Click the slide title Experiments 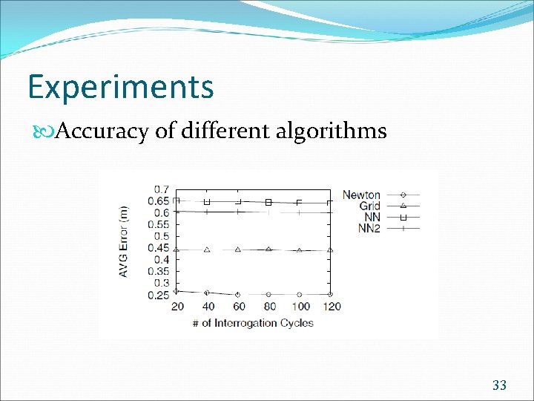(x=120, y=88)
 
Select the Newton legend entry (x=361, y=195)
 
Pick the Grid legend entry (x=369, y=206)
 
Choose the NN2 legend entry (x=369, y=228)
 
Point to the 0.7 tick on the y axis (x=162, y=189)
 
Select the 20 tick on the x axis (x=177, y=307)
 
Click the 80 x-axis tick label (x=269, y=307)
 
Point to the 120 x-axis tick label (x=331, y=307)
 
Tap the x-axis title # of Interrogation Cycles (x=252, y=322)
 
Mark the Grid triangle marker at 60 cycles (x=238, y=250)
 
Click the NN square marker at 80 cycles (x=268, y=202)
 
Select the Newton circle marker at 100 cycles (x=300, y=295)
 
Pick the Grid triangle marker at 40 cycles (x=207, y=250)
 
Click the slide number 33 (x=499, y=385)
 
